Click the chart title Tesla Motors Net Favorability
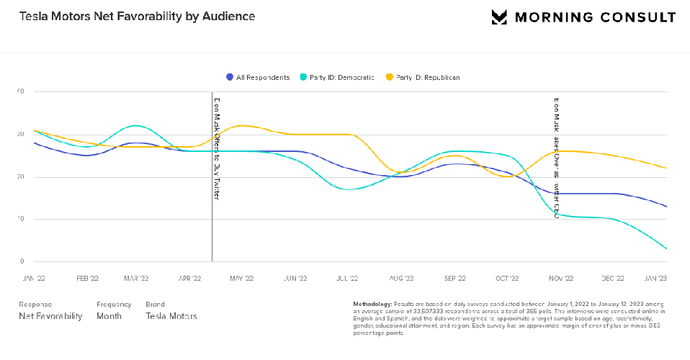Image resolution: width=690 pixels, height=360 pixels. (137, 16)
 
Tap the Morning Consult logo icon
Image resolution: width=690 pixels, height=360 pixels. (500, 17)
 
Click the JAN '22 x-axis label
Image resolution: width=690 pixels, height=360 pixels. (34, 277)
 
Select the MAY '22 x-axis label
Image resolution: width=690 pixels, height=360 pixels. (242, 277)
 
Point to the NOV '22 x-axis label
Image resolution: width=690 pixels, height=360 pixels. (560, 277)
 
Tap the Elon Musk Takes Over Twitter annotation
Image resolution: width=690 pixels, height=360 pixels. (556, 158)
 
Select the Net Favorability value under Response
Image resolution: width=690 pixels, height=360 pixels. (50, 316)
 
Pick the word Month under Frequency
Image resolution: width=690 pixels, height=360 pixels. (109, 316)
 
